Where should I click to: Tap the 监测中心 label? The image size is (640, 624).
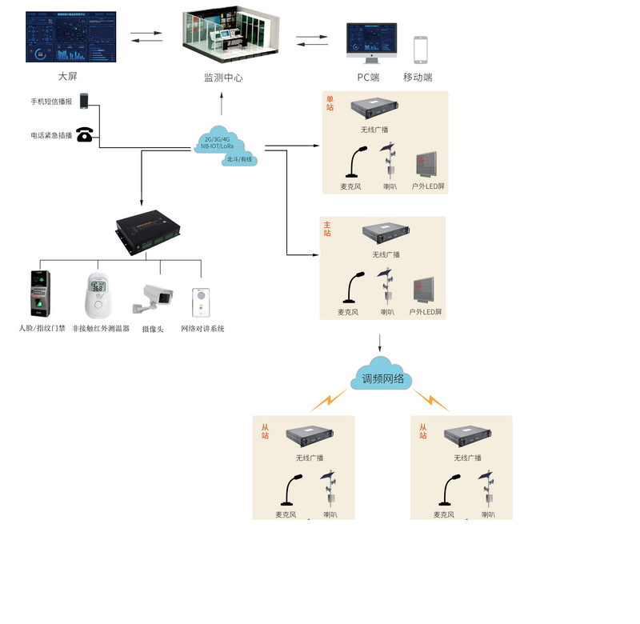223,78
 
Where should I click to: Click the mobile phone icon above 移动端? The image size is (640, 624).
420,50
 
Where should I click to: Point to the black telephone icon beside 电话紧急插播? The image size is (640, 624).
84,134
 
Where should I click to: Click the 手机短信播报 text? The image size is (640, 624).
51,102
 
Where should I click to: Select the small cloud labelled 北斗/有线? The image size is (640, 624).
239,159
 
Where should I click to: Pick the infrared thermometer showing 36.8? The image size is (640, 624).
96,294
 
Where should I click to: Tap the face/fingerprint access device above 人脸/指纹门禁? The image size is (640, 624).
40,294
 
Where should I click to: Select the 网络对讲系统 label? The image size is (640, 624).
202,329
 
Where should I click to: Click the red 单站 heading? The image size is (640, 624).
330,103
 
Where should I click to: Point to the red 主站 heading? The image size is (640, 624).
327,229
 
